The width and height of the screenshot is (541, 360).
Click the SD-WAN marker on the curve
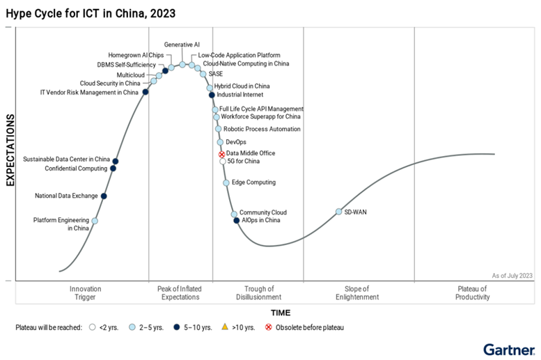(339, 212)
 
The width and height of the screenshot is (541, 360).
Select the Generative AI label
(182, 45)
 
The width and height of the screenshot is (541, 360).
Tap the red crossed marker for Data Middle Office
(222, 154)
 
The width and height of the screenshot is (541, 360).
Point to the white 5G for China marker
(223, 162)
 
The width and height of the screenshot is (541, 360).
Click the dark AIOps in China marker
(237, 221)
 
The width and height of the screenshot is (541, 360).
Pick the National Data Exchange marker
(104, 196)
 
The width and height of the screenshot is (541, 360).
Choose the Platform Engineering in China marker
(95, 221)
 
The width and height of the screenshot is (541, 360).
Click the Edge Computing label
(253, 182)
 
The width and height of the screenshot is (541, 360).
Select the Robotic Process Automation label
(262, 129)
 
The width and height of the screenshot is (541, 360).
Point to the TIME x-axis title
(281, 313)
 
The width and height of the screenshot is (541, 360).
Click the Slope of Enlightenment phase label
(361, 292)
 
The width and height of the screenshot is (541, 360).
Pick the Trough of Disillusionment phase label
(258, 292)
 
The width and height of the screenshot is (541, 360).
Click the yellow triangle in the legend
(224, 327)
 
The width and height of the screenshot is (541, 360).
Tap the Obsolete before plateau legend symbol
(268, 327)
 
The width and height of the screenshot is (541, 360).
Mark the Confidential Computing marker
(113, 169)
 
